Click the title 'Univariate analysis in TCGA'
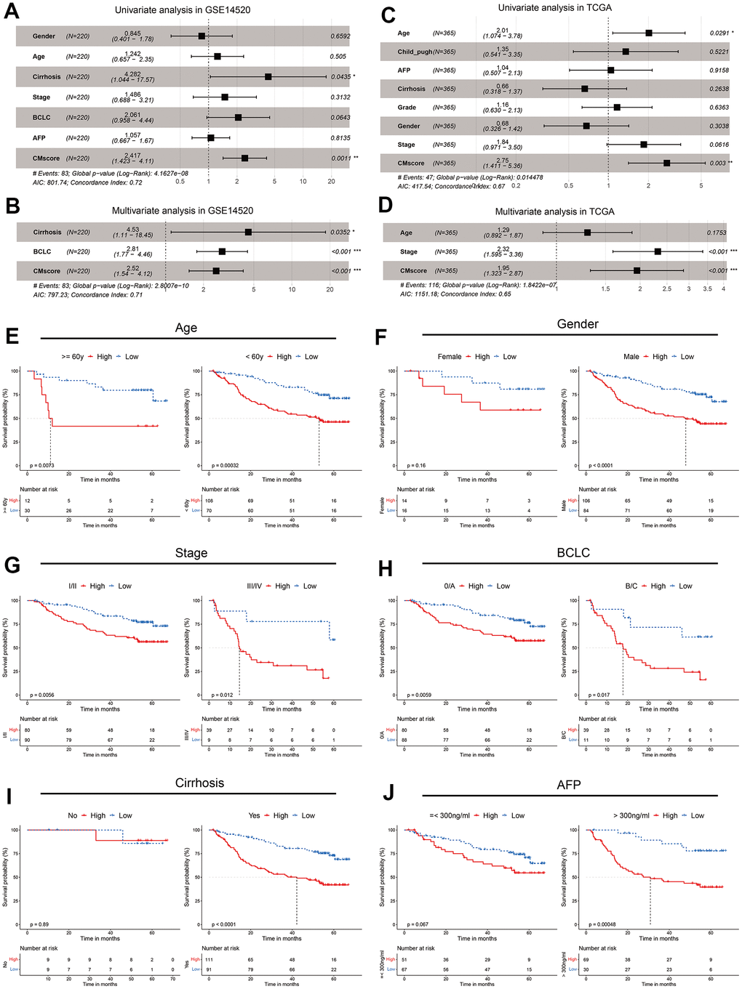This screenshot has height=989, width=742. pos(554,8)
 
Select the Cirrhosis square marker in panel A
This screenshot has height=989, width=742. pos(268,76)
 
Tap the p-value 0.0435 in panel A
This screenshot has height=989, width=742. pos(340,76)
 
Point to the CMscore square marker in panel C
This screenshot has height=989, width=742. pos(666,164)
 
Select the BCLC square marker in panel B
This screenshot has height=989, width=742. pos(222,251)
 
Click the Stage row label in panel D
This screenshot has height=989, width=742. pos(409,251)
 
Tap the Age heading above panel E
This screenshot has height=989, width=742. pos(186,328)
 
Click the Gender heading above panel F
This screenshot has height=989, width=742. pos(578,324)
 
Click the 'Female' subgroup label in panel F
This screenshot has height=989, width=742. pos(450,357)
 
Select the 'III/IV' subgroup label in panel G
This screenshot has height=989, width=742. pos(258,586)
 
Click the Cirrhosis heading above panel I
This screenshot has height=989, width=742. pos(199,783)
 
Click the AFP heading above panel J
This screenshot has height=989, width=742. pos(569,785)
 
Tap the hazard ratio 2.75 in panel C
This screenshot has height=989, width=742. pos(503,159)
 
